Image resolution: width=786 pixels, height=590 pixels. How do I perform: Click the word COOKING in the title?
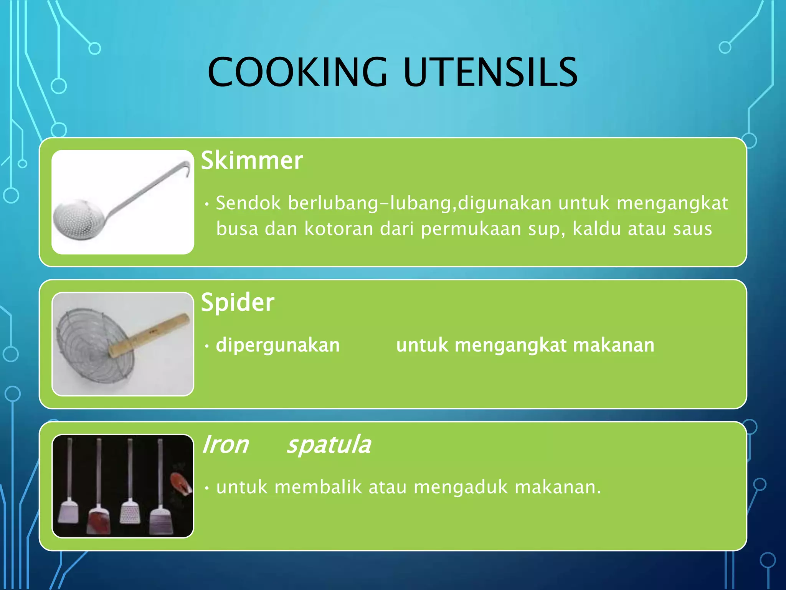coord(298,72)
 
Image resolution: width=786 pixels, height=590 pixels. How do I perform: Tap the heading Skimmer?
coord(252,160)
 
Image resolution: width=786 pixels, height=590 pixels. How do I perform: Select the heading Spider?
coord(238,302)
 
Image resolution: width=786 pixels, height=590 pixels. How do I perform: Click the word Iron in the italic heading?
coord(226,445)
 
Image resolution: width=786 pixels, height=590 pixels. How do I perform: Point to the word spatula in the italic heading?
coord(329,445)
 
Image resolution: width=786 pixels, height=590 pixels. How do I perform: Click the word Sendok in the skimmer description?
coord(248,203)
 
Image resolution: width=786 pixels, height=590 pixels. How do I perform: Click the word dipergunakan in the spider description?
coord(278,345)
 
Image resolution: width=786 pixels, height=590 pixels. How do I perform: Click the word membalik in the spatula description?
coord(318,487)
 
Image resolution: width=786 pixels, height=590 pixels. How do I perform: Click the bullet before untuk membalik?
coord(207,488)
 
